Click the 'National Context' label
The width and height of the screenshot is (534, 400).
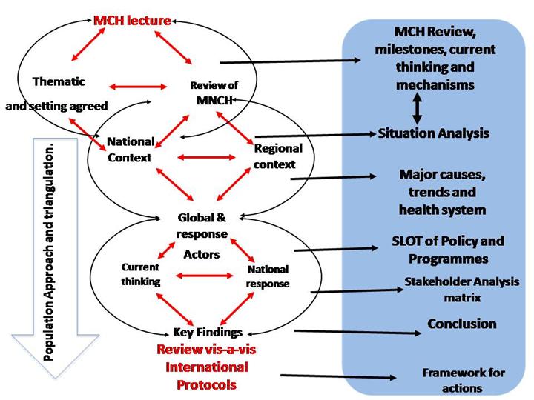click(131, 149)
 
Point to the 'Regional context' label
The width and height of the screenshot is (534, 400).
click(274, 156)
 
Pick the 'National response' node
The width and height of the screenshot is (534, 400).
click(268, 276)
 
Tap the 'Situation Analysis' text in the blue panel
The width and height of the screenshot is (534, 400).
click(434, 133)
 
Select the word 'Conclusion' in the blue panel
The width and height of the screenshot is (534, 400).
click(461, 324)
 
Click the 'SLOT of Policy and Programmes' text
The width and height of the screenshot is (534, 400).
click(447, 250)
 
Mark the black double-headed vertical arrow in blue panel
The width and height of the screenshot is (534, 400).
click(418, 110)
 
